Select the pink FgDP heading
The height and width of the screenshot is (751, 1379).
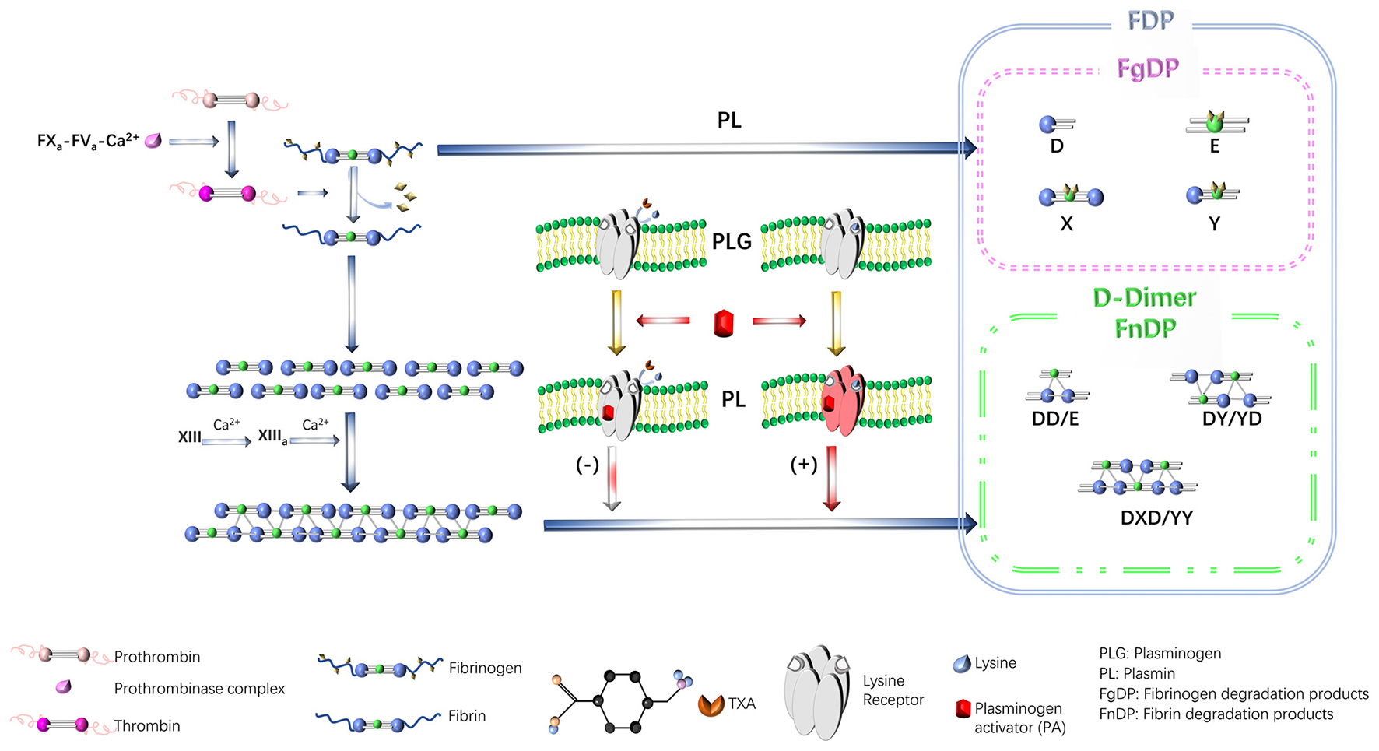(1148, 68)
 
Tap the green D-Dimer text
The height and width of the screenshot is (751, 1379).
(1144, 297)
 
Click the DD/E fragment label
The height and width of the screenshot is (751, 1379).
(1055, 419)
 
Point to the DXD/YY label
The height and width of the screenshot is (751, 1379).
(1156, 518)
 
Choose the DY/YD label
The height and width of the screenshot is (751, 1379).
(1232, 419)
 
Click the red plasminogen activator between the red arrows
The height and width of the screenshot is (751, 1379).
(724, 322)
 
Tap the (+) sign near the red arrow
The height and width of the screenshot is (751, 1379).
(803, 465)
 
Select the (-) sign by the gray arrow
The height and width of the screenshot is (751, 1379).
(587, 465)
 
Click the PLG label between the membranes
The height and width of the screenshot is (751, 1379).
(732, 241)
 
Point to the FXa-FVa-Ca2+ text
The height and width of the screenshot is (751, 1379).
(88, 141)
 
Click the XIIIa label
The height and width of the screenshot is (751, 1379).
(272, 437)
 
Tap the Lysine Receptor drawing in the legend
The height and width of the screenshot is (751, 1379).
(817, 691)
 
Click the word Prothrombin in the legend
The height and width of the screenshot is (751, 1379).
(156, 657)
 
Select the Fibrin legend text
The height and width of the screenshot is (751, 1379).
(467, 716)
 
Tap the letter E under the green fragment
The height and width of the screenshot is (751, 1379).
(1214, 146)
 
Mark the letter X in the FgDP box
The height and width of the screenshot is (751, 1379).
(1066, 224)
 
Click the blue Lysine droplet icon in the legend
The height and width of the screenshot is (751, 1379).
(962, 664)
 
